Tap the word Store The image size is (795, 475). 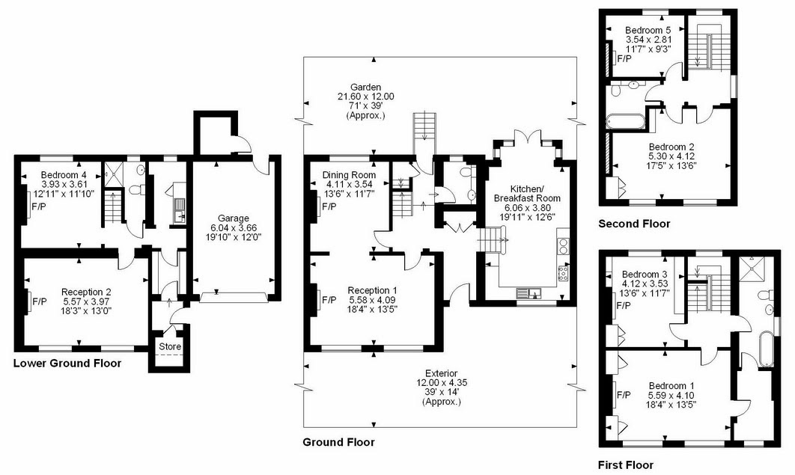170,347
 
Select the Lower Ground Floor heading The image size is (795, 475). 67,363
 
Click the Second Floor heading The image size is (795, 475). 634,224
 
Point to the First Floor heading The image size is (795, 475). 626,465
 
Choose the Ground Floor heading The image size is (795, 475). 338,442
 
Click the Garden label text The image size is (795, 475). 365,87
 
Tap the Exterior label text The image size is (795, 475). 441,374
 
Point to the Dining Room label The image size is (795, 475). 350,175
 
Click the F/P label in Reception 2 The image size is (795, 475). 40,301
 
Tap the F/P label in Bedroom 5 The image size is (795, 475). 624,59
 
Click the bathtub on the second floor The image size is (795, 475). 626,122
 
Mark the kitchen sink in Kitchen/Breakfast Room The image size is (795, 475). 529,292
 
